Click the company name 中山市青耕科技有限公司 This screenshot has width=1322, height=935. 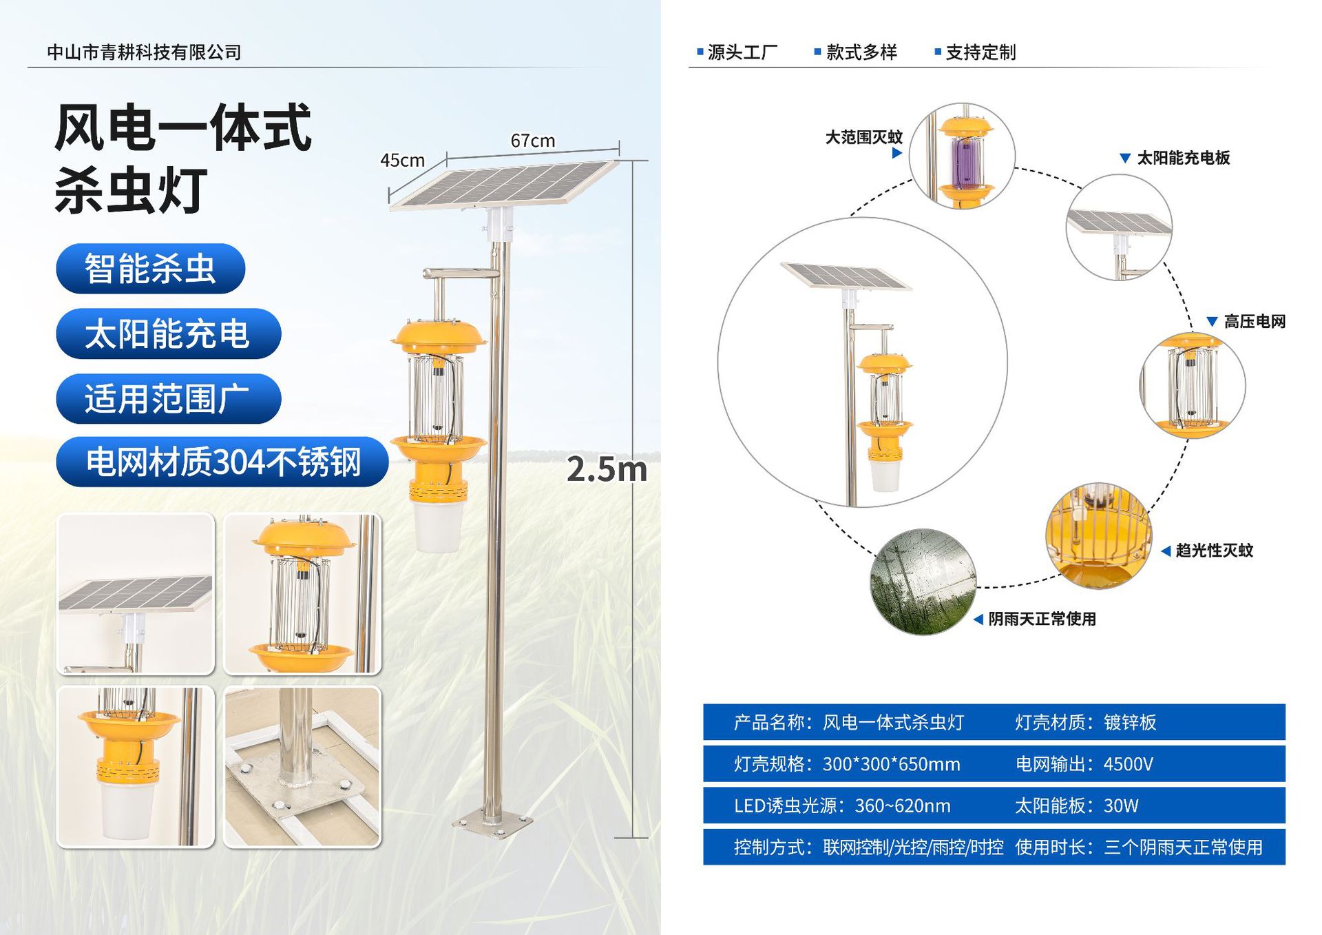144,52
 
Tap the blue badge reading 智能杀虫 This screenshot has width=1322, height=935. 150,268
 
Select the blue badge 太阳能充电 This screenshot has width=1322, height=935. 168,333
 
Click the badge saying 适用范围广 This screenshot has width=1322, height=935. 168,398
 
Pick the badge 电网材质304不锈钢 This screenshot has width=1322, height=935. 222,462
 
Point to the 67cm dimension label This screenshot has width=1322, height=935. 532,141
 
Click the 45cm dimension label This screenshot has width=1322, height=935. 402,161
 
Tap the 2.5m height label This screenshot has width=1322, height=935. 607,469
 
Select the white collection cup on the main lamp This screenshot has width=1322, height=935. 437,525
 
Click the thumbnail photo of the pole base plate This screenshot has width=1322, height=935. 302,767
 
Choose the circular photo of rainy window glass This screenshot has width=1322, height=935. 923,582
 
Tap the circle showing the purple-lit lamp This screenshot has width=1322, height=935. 962,156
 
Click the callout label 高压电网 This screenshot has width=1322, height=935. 1255,322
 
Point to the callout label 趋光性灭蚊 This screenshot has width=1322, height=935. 1214,551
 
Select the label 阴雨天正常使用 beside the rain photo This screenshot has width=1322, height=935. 1042,619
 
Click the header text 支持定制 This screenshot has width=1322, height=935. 980,52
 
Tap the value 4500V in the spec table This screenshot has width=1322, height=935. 1128,764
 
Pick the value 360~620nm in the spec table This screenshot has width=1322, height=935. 903,805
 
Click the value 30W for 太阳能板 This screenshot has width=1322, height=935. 1121,805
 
